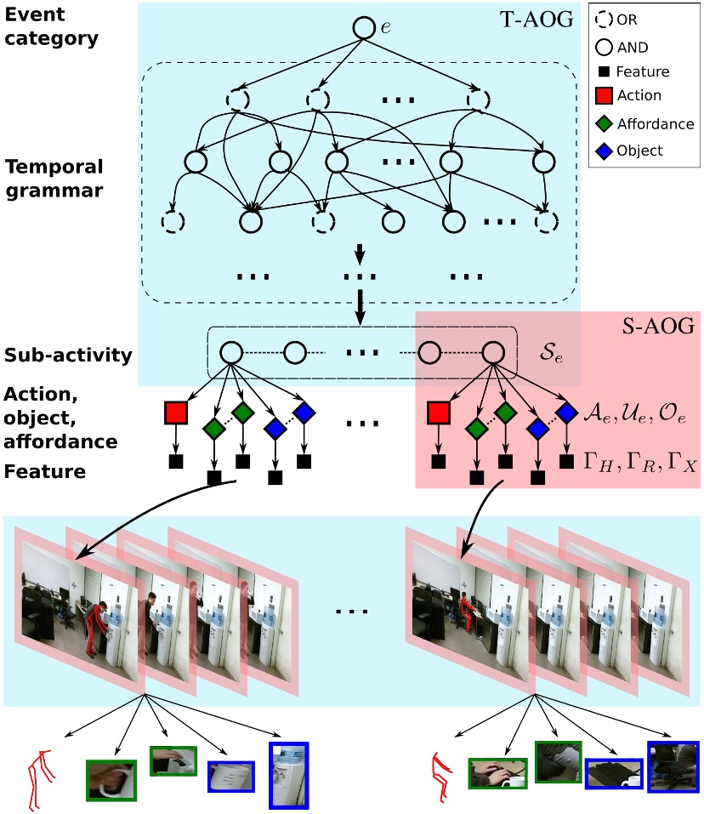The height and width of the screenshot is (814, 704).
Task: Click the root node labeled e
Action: pos(364,28)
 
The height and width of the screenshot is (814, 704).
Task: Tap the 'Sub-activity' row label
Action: pos(68,354)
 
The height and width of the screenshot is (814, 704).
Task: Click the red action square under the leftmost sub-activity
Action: pos(176,413)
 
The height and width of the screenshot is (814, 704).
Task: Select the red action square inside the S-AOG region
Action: pos(439,413)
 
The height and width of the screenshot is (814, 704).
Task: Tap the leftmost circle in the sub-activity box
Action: pos(230,351)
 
